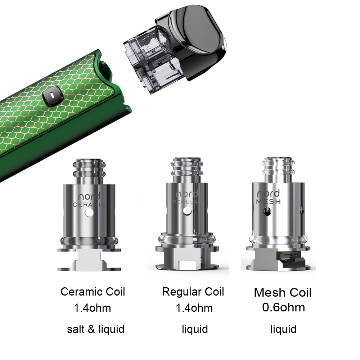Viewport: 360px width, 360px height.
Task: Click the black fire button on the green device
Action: click(53, 96)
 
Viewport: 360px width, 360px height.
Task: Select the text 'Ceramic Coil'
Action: click(93, 292)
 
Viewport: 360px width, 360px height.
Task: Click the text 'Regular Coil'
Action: click(193, 292)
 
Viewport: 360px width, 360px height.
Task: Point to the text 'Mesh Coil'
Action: click(283, 292)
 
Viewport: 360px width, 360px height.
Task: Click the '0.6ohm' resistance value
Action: click(284, 307)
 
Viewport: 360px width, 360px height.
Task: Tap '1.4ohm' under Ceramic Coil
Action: click(92, 308)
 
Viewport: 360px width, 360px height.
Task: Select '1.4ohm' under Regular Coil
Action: click(194, 308)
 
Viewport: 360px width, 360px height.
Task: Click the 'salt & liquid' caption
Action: click(96, 329)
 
